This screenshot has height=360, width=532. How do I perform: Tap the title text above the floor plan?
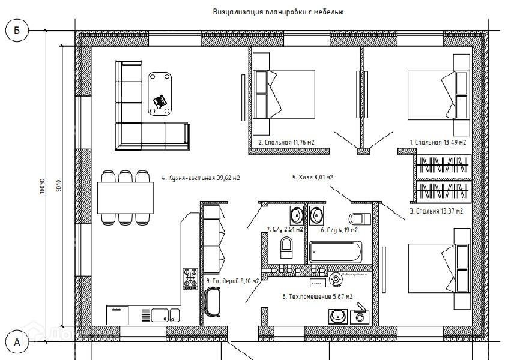click(x=277, y=11)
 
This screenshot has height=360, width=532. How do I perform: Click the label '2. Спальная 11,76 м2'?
click(x=286, y=142)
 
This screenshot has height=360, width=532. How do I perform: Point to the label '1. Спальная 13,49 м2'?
click(x=438, y=142)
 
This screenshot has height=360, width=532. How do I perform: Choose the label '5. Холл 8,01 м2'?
click(x=312, y=177)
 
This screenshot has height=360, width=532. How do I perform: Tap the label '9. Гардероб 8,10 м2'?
click(x=232, y=281)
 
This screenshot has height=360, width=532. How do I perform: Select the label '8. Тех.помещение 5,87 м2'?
click(x=316, y=296)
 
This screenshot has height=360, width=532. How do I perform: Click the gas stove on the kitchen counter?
click(x=190, y=278)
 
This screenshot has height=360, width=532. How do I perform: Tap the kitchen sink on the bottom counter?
click(x=160, y=314)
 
